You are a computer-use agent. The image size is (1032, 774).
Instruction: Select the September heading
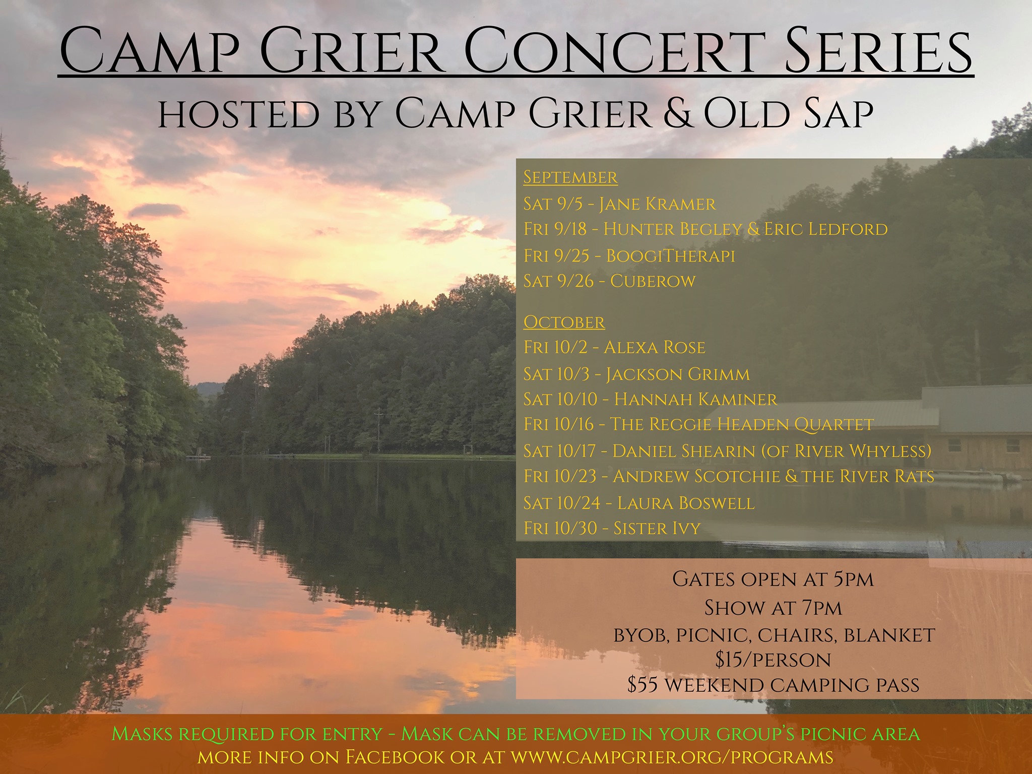570,177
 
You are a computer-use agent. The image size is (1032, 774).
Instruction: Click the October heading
564,322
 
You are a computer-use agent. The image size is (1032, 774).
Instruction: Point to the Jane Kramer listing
619,204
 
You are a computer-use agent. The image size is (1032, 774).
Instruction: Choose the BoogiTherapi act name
670,256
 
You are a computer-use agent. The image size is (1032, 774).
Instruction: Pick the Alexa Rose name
654,348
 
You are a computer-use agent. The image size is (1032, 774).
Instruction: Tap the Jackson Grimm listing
636,374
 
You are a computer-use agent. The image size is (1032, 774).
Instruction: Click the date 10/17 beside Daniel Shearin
577,451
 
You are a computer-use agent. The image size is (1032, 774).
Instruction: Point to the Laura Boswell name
686,503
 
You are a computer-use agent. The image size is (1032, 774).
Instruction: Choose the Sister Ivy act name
657,529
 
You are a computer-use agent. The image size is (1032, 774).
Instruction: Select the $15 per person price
773,660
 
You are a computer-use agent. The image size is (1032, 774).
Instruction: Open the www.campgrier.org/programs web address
672,757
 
